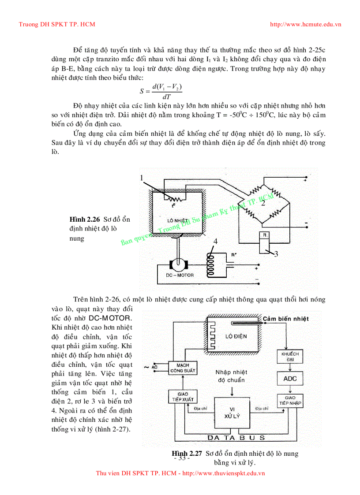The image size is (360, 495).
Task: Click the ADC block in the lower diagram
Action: pos(289,378)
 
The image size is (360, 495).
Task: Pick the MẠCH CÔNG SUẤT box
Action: pos(182,368)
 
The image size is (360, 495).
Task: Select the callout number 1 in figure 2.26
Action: pos(142,178)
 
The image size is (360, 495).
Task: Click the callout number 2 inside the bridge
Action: pos(263,203)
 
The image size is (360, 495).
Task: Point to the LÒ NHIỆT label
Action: pos(177,219)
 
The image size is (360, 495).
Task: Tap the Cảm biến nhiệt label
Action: pos(285,319)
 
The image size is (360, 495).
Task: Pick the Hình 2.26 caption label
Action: pos(85,219)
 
